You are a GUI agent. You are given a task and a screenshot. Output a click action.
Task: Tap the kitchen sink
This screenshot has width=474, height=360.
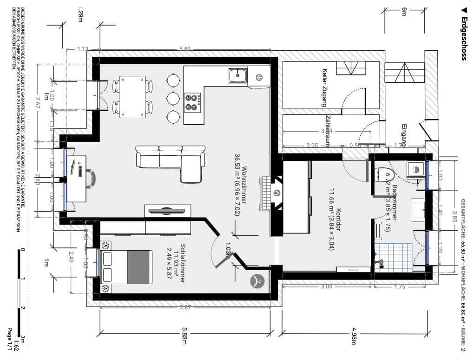pyautogui.click(x=237, y=75)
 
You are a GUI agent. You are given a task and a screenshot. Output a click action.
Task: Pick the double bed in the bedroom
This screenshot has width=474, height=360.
pyautogui.click(x=127, y=267)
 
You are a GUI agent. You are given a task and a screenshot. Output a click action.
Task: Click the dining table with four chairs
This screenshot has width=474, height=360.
pyautogui.click(x=132, y=97)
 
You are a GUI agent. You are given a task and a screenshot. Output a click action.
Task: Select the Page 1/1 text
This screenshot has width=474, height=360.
pyautogui.click(x=9, y=339)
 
